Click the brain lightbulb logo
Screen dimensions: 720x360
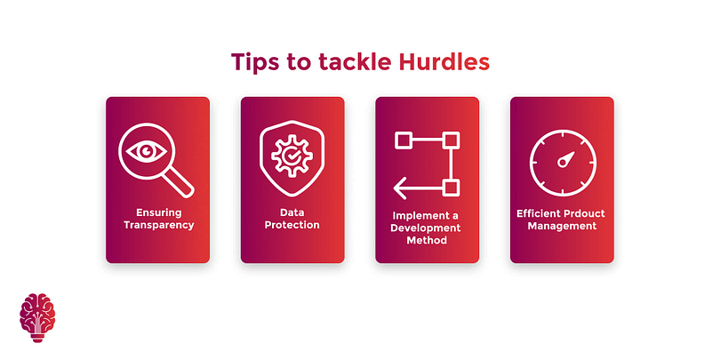pyautogui.click(x=37, y=317)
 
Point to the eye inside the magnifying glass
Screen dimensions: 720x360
pyautogui.click(x=147, y=150)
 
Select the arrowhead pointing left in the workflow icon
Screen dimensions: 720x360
pyautogui.click(x=399, y=188)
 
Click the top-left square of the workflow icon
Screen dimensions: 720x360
pyautogui.click(x=404, y=140)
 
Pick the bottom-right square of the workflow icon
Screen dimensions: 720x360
pyautogui.click(x=452, y=188)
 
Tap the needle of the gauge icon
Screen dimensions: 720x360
pyautogui.click(x=565, y=159)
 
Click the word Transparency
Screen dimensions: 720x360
pyautogui.click(x=159, y=225)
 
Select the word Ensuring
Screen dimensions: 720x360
pyautogui.click(x=159, y=212)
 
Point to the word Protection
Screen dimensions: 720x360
pyautogui.click(x=292, y=225)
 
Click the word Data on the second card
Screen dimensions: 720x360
pyautogui.click(x=292, y=212)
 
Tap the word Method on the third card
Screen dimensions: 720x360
pyautogui.click(x=427, y=240)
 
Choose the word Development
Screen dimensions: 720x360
pyautogui.click(x=427, y=228)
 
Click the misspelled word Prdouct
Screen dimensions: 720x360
pyautogui.click(x=583, y=213)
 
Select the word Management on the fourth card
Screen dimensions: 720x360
pyautogui.click(x=562, y=226)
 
